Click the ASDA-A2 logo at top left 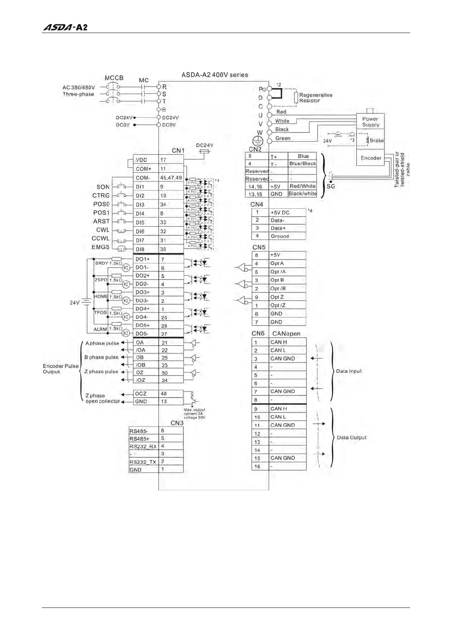click(x=65, y=27)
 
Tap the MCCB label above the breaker click(x=114, y=78)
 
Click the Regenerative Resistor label click(x=315, y=98)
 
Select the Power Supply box click(x=370, y=121)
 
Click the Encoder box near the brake click(x=371, y=158)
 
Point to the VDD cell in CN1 click(x=145, y=160)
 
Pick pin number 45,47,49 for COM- click(x=171, y=178)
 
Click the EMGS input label click(x=101, y=247)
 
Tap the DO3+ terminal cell click(x=145, y=292)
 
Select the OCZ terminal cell click(x=145, y=394)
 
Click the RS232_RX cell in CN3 click(x=143, y=447)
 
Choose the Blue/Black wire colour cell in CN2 click(x=302, y=164)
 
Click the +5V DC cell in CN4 click(x=288, y=212)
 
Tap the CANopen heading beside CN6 click(x=286, y=334)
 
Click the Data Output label click(x=352, y=438)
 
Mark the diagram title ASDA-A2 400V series click(x=215, y=75)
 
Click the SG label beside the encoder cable click(x=331, y=186)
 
